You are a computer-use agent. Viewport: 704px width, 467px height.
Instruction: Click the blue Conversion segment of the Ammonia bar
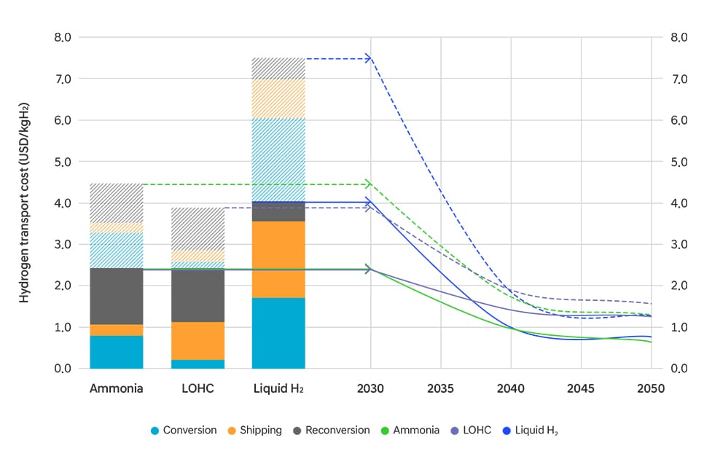pos(117,352)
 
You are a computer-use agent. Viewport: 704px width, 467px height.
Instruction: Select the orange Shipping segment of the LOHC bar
pos(197,341)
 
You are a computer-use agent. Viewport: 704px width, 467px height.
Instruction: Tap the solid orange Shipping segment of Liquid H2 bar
pos(278,259)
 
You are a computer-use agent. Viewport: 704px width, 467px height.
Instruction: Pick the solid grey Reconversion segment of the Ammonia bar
pos(117,296)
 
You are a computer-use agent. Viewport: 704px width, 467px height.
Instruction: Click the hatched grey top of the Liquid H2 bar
pos(278,68)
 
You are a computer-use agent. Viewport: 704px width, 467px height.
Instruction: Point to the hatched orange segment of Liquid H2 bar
pos(278,98)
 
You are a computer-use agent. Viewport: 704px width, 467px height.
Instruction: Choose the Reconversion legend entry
pos(329,431)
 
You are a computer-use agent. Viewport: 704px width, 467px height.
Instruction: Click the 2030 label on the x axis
pos(371,389)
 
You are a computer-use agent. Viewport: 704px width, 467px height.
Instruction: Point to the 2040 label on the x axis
pos(511,389)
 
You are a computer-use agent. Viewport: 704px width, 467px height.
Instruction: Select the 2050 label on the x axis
pos(651,389)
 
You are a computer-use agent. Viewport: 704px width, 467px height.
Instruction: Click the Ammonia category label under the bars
pos(117,389)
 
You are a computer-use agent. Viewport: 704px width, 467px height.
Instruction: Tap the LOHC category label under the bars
pos(197,389)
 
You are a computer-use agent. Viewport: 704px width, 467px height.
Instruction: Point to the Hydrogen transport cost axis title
pos(24,203)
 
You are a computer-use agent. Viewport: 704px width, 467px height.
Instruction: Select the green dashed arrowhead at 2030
pos(369,184)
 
